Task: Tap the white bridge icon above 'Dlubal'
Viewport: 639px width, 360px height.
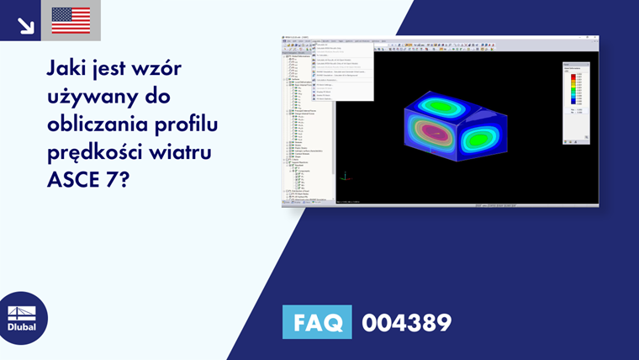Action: tap(22, 312)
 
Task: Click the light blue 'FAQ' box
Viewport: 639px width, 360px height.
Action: tap(317, 321)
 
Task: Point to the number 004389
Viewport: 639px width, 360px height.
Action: tap(407, 322)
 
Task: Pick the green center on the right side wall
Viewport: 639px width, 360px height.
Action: tap(483, 138)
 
